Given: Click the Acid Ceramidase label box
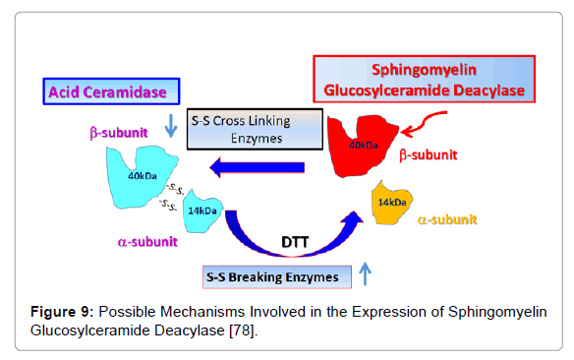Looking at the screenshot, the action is pos(111,91).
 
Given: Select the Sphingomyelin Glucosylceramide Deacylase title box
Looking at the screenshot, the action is pos(425,79).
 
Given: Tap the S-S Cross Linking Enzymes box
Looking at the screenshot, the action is pos(255,129).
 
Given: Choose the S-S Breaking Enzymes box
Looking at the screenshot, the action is pos(277,277).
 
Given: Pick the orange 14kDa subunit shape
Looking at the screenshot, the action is pos(391,203).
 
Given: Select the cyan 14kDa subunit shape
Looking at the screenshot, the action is pos(202,211).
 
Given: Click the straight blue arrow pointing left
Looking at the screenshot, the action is pos(257,168).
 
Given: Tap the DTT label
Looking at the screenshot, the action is pos(295,242).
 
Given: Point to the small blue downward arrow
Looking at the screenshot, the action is pos(171,126).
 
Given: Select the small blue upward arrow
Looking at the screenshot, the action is pos(365,273).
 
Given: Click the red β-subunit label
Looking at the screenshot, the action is pos(428,154).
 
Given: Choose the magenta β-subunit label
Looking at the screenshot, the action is pos(119,133).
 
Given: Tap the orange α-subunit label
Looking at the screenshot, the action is pos(447,219).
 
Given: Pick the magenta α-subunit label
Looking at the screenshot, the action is pos(147,242).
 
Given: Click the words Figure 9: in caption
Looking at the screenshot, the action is pos(62,312).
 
